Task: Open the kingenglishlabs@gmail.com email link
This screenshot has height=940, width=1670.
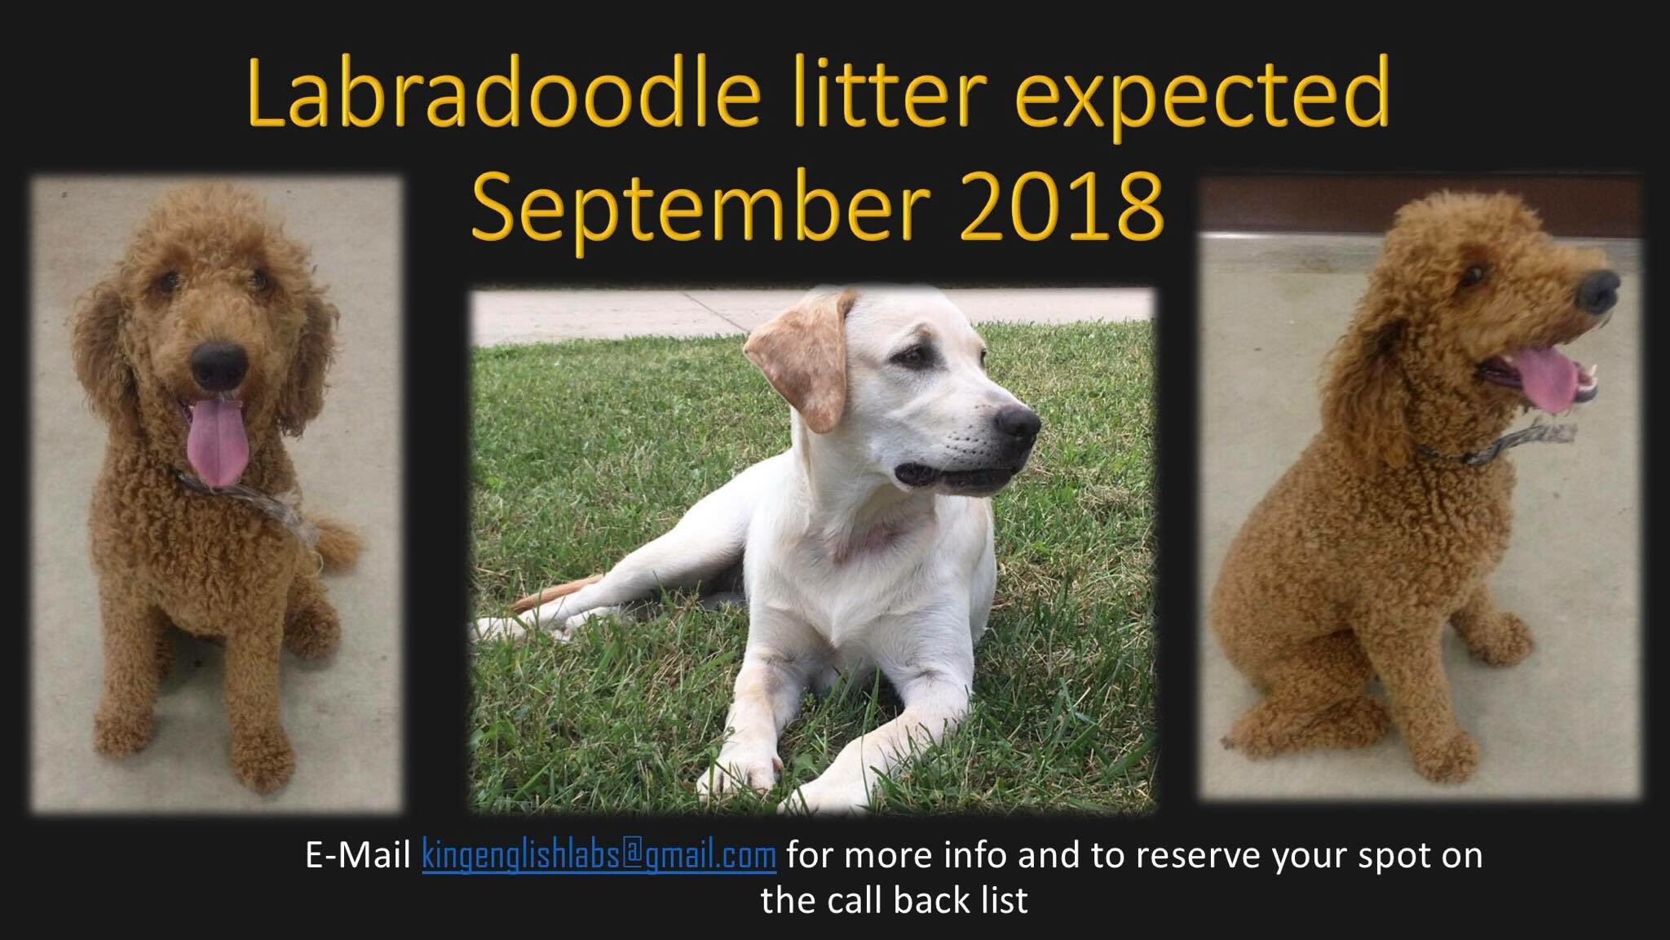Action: pos(599,856)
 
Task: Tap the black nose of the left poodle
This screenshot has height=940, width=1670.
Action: pos(219,362)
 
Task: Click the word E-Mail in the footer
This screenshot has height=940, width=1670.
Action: pos(357,856)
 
